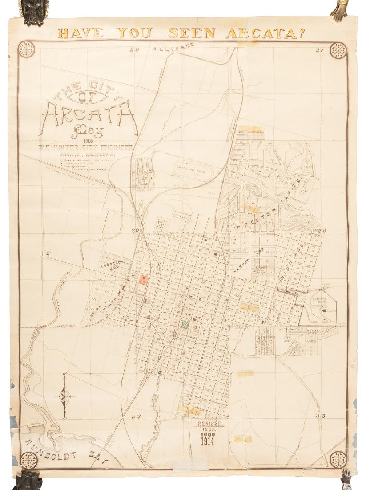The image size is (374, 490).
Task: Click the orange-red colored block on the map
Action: click(143, 279)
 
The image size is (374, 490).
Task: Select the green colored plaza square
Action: click(185, 324)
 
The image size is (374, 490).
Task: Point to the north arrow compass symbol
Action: click(65, 395)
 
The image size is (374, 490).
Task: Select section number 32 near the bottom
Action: click(136, 416)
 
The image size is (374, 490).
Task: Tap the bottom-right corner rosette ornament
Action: click(338, 459)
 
